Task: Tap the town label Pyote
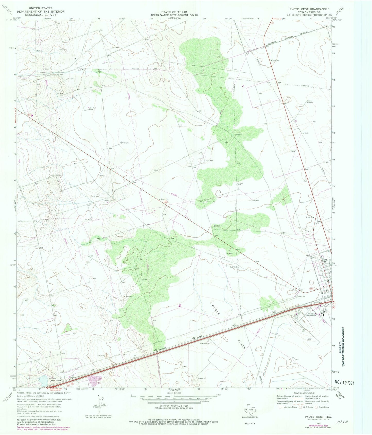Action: [x=320, y=275]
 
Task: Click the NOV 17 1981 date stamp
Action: [x=344, y=383]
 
